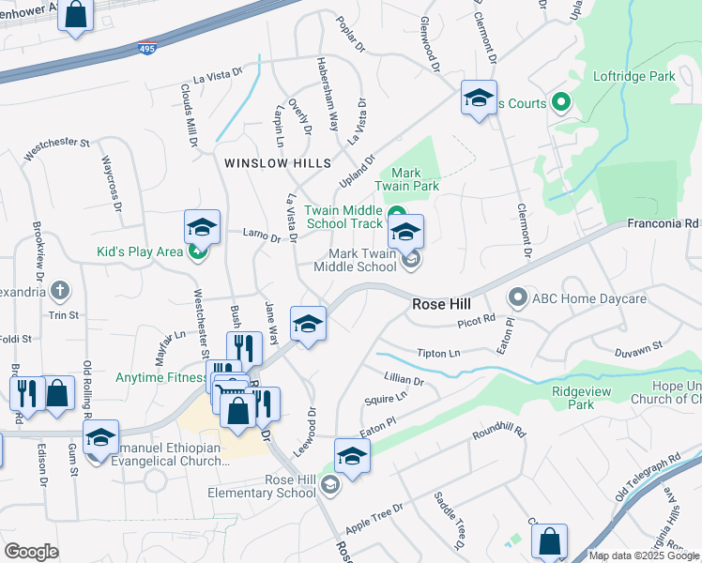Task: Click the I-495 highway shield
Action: coord(147,46)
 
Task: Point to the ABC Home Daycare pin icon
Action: coord(517,298)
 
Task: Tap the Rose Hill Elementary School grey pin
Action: coord(328,485)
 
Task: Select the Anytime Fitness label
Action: coord(160,378)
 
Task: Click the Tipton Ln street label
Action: coord(438,354)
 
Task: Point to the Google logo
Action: coord(32,552)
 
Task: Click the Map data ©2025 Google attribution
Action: coord(644,555)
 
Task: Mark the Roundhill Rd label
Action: coord(499,435)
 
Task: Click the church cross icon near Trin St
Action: coord(61,291)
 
